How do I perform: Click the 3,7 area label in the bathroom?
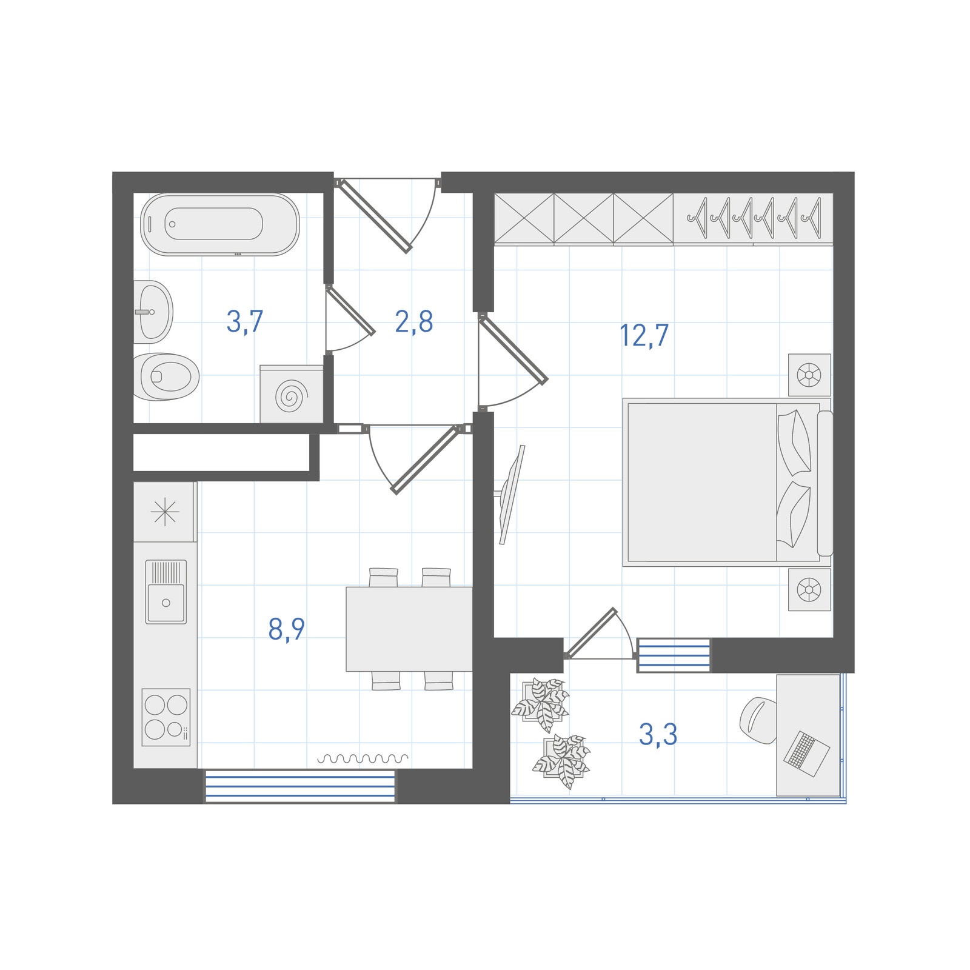[x=245, y=321]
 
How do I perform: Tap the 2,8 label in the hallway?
[x=414, y=321]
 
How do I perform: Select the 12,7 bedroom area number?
[x=644, y=335]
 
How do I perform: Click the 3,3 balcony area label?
[x=658, y=734]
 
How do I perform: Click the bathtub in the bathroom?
[x=219, y=224]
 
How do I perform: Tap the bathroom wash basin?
[x=153, y=312]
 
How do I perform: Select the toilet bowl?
[x=166, y=376]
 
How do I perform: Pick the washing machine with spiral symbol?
[x=292, y=393]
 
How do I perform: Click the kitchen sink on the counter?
[x=166, y=592]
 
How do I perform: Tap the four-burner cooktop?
[x=166, y=717]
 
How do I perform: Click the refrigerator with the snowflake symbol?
[x=164, y=512]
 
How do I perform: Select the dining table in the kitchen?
[x=409, y=629]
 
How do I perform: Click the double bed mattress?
[x=703, y=482]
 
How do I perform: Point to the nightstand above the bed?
[x=809, y=375]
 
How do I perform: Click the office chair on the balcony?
[x=758, y=720]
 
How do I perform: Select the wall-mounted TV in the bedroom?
[x=510, y=495]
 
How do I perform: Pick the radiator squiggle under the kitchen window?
[x=363, y=758]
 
